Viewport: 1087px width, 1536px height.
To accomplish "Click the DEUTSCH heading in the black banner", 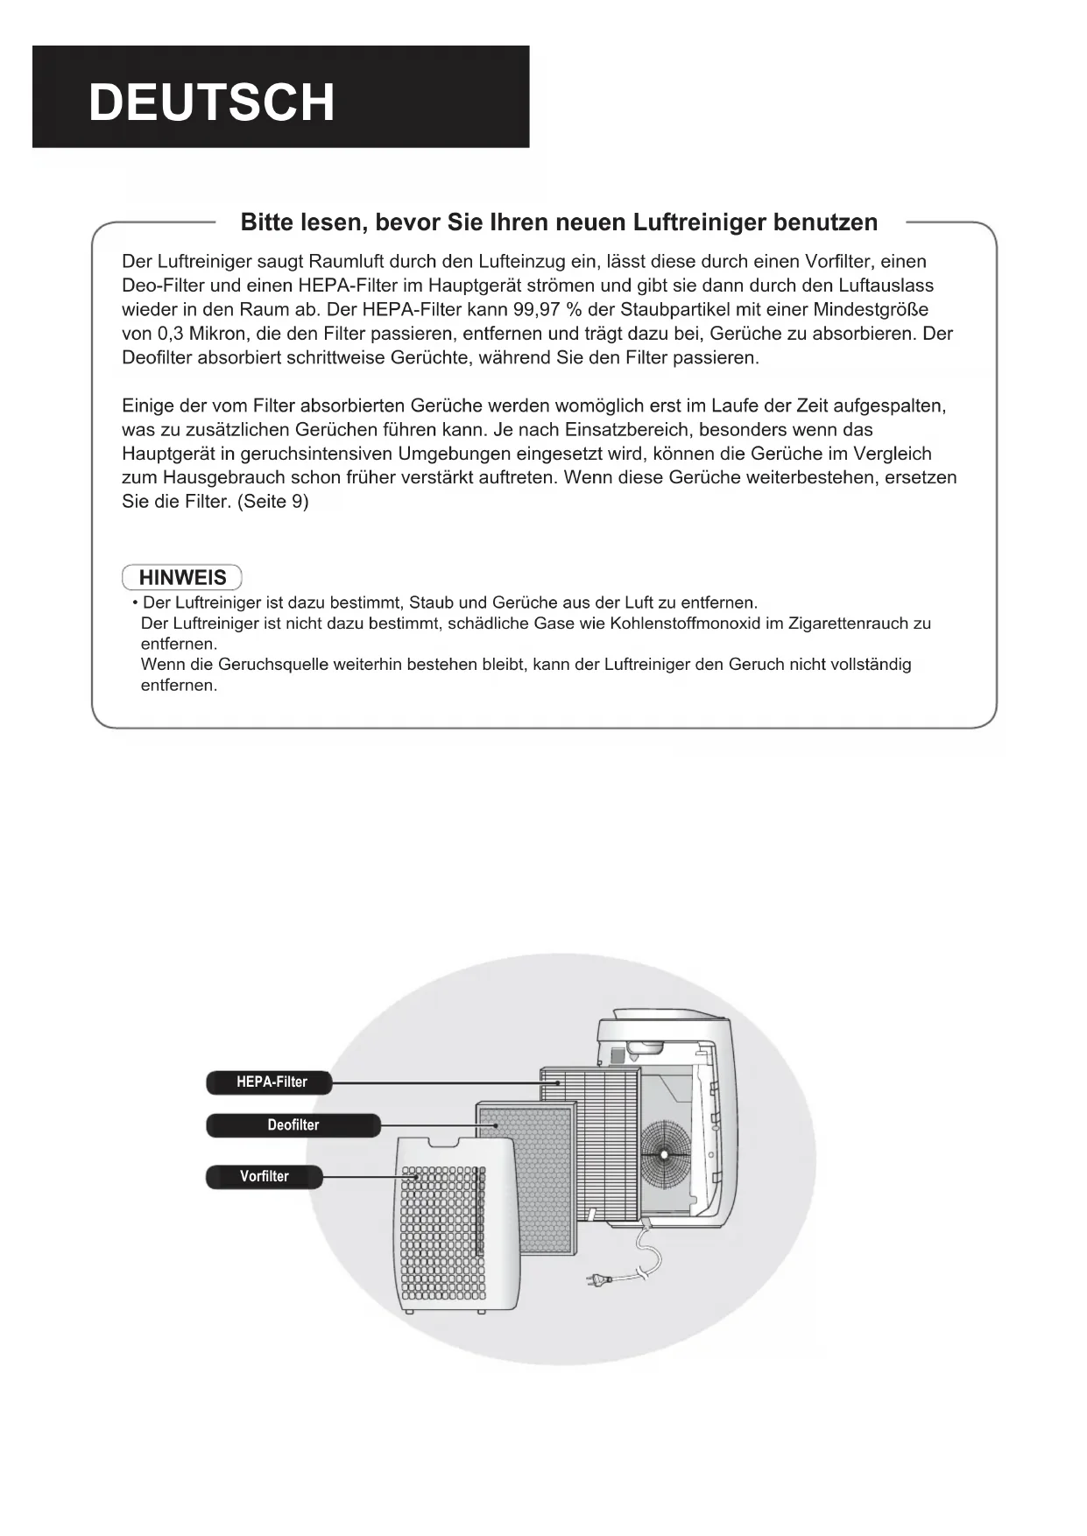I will coord(211,102).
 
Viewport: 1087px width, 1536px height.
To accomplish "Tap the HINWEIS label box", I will coord(182,578).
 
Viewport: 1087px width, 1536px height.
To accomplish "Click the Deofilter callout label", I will coord(293,1125).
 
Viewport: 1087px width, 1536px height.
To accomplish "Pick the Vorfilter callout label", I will coord(264,1177).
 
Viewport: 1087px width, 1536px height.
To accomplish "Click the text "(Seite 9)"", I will coord(273,502).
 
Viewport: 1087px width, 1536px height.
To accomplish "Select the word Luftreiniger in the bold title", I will coord(699,222).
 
